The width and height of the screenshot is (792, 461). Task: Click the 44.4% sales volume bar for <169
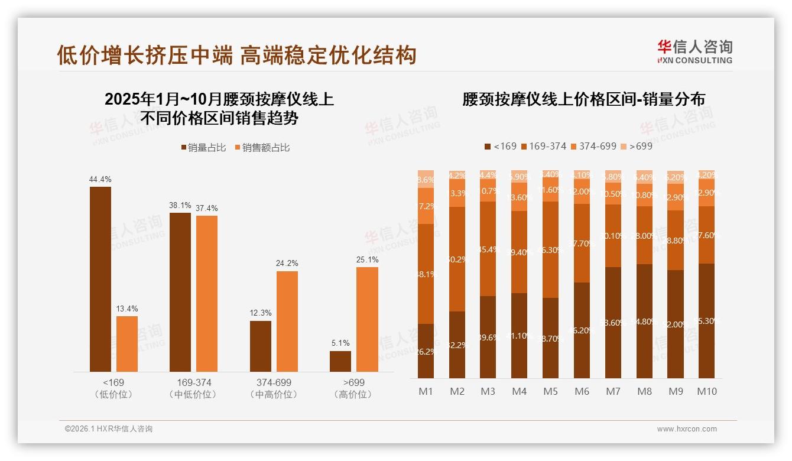tap(100, 279)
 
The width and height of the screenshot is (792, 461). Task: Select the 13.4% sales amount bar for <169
tap(127, 343)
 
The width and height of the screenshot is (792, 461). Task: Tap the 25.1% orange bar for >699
tap(367, 319)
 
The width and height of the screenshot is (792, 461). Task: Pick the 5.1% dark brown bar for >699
tap(340, 361)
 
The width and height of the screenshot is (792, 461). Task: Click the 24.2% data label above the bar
tap(287, 263)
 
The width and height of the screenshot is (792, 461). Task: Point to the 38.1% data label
tap(180, 205)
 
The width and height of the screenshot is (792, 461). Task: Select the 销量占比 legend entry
tap(203, 148)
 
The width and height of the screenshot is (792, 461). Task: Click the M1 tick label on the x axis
tap(426, 391)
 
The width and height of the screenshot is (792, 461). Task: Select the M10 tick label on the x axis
tap(707, 391)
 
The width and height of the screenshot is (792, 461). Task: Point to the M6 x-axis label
tap(582, 391)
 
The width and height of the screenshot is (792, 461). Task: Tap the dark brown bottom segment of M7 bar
tap(614, 323)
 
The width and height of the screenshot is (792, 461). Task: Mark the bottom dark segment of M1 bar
tap(426, 351)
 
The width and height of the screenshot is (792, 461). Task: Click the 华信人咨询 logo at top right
tap(694, 51)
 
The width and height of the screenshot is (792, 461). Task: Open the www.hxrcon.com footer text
tap(687, 429)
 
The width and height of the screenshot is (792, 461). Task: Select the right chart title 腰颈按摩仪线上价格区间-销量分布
tap(583, 99)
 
